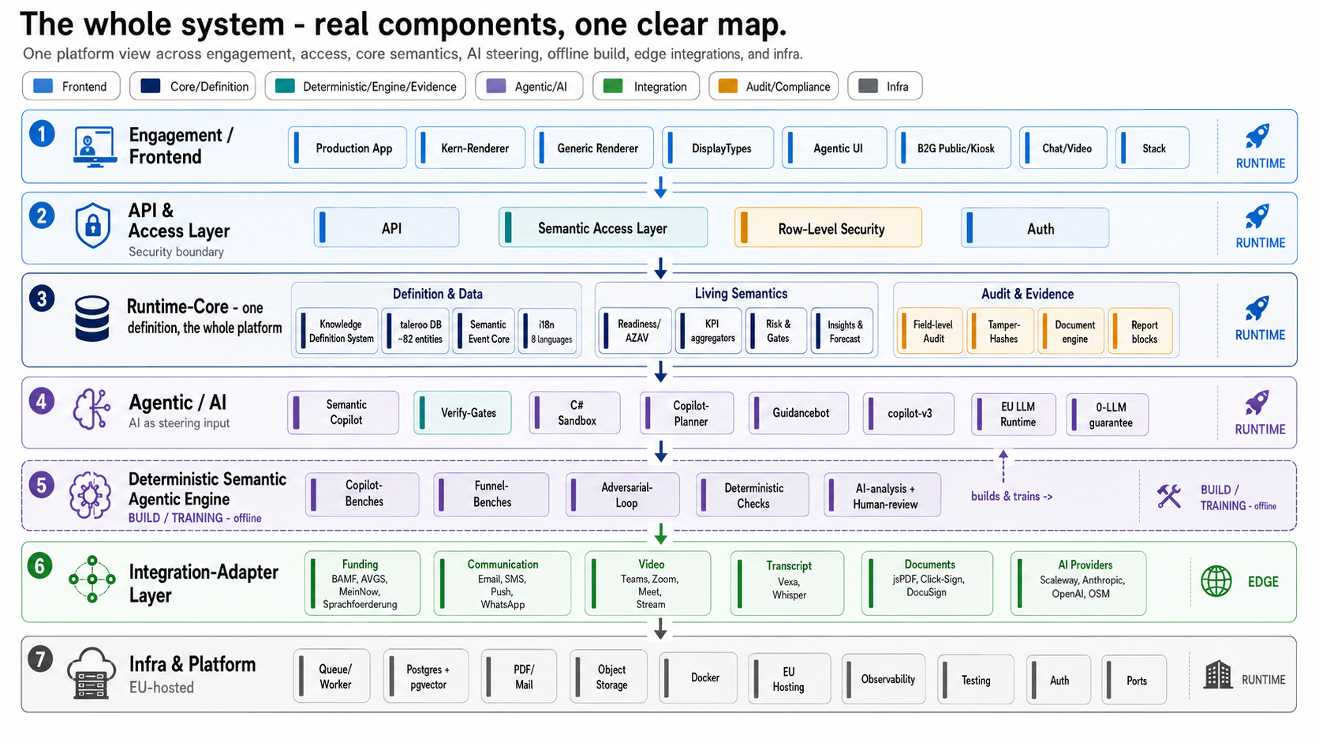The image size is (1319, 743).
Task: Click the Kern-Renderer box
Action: pos(470,148)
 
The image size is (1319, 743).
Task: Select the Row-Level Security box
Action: pos(828,228)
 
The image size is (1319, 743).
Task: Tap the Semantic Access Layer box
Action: pos(603,227)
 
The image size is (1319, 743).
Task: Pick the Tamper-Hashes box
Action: pos(1000,331)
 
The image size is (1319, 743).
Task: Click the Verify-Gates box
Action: pos(462,412)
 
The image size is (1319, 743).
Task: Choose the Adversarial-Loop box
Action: pos(622,495)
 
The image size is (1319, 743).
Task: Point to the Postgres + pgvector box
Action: pos(426,677)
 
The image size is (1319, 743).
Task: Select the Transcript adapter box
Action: pos(787,584)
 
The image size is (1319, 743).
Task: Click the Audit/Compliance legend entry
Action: pos(774,86)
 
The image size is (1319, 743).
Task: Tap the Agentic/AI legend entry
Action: pos(529,86)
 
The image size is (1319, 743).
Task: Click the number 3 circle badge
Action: pos(42,298)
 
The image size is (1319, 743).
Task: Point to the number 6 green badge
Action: pos(40,566)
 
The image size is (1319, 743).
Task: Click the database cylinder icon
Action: pos(92,319)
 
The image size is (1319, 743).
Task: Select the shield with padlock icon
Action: pos(93,226)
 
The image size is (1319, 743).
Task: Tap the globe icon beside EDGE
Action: pos(1216,582)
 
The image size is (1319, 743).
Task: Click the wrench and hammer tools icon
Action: pos(1169,496)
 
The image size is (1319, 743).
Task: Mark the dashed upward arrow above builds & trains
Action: pos(1003,467)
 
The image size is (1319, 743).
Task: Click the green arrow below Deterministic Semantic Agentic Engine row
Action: pos(660,534)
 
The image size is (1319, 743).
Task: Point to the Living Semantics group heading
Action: pos(741,294)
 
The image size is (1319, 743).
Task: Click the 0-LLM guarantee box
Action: pos(1107,415)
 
